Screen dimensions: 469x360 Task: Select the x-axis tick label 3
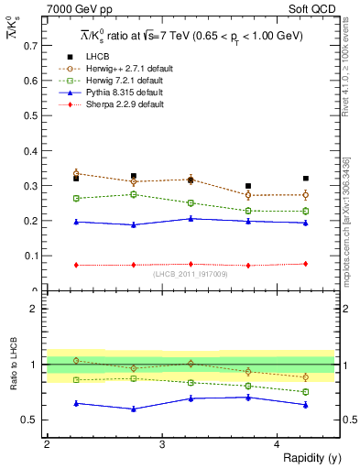click(x=161, y=444)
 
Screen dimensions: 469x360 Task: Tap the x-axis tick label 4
click(x=278, y=444)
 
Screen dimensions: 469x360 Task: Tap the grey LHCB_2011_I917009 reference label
click(x=191, y=274)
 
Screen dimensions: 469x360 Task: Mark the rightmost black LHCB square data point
click(x=306, y=179)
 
